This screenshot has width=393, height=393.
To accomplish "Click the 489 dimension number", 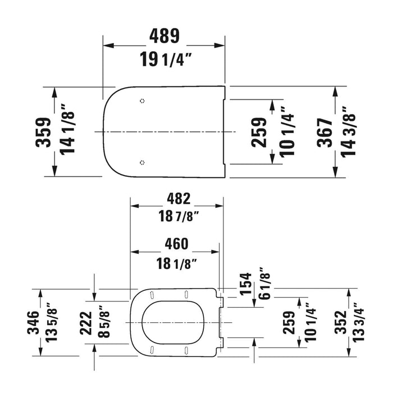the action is pyautogui.click(x=164, y=36).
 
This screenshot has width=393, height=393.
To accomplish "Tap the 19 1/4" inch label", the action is pyautogui.click(x=166, y=59).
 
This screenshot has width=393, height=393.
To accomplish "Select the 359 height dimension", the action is pyautogui.click(x=43, y=132).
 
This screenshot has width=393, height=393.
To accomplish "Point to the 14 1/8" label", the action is pyautogui.click(x=67, y=129).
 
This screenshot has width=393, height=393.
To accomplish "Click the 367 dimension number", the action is pyautogui.click(x=325, y=132).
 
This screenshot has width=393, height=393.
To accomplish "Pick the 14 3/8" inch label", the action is pyautogui.click(x=348, y=132).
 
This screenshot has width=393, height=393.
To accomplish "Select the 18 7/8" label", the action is pyautogui.click(x=179, y=216).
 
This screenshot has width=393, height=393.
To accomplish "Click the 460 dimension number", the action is pyautogui.click(x=176, y=244).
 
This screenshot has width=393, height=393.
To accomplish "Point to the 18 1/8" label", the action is pyautogui.click(x=176, y=264).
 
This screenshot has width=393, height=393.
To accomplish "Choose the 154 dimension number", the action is pyautogui.click(x=246, y=284).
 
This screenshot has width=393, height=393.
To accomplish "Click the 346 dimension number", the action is pyautogui.click(x=33, y=323).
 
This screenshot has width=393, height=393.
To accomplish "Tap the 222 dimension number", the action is pyautogui.click(x=86, y=323).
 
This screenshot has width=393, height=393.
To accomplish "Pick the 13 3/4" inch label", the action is pyautogui.click(x=358, y=322).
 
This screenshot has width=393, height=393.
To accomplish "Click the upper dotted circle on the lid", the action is pyautogui.click(x=142, y=101).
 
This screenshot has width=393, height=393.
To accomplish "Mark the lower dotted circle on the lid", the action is pyautogui.click(x=142, y=162).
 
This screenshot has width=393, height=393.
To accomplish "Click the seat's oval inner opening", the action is pyautogui.click(x=173, y=322).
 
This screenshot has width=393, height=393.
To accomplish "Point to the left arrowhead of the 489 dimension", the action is pyautogui.click(x=109, y=45).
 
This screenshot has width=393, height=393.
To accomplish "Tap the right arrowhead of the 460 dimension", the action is pyautogui.click(x=215, y=252).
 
